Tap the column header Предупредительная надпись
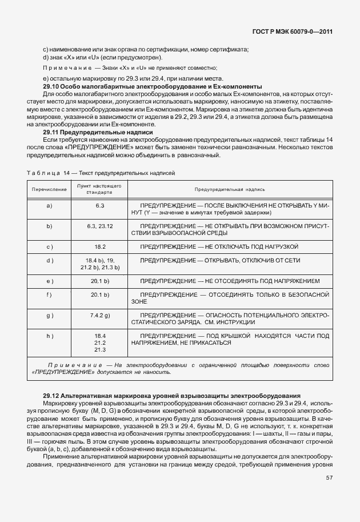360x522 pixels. pos(229,189)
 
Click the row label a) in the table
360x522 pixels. pos(49,205)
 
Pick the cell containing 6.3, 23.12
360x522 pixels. pos(100,226)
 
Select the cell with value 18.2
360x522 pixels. pos(100,246)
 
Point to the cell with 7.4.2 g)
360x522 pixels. pos(100,315)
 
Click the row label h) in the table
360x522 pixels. pos(49,336)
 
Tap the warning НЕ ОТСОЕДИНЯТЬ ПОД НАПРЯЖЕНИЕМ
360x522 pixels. pos(262,281)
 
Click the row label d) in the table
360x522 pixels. pos(49,260)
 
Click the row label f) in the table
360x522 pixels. pos(49,294)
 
